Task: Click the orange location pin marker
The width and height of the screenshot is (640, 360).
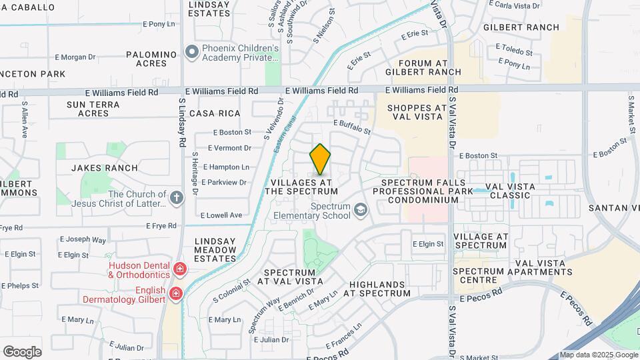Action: tap(320, 159)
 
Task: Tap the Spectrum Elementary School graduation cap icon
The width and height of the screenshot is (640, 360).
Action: tap(361, 211)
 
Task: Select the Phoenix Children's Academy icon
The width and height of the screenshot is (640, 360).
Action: tap(192, 51)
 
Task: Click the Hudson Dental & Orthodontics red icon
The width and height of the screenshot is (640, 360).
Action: tap(179, 269)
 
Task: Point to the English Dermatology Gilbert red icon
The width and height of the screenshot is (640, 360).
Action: tap(175, 293)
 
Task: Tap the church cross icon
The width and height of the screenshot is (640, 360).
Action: tap(176, 197)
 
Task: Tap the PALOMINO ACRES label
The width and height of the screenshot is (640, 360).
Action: tap(151, 59)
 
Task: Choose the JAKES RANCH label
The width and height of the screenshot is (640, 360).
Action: tap(104, 168)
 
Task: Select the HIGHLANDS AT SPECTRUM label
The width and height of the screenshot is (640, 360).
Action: tap(379, 288)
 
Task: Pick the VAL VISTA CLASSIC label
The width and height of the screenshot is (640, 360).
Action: tap(509, 191)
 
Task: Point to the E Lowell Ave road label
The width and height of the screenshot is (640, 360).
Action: tap(221, 215)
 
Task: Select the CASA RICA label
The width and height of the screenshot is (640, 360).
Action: tap(215, 113)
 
